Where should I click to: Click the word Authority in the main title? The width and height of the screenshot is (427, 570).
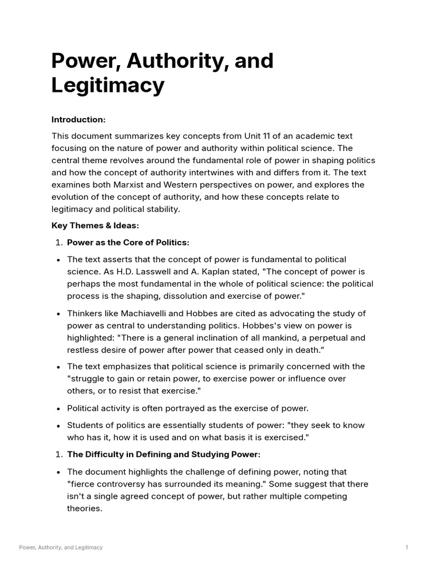(x=173, y=61)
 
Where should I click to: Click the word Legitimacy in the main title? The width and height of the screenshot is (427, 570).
(x=108, y=86)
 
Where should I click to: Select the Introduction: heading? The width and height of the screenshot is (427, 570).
(x=78, y=120)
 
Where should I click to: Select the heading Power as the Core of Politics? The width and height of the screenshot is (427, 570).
(x=128, y=243)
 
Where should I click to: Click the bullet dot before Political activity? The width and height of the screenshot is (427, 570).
(x=58, y=408)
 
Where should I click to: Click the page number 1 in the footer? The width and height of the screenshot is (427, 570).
(x=406, y=548)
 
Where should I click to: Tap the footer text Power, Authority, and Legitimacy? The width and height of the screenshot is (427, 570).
(x=61, y=548)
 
